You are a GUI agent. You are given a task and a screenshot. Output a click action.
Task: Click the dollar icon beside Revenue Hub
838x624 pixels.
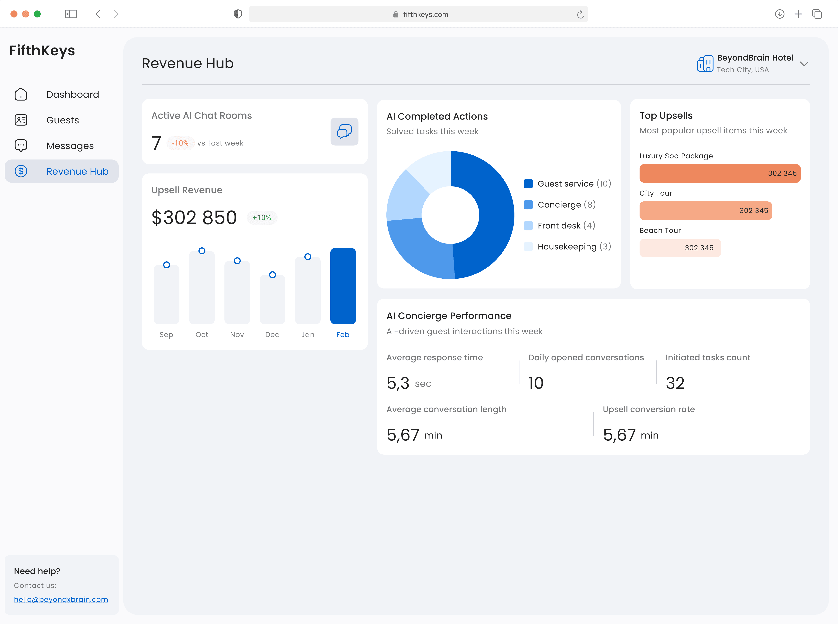21,172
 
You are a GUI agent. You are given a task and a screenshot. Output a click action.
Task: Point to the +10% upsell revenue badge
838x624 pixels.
262,218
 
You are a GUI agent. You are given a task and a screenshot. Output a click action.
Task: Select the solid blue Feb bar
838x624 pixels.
343,286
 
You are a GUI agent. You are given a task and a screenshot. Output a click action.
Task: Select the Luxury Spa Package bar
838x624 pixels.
720,173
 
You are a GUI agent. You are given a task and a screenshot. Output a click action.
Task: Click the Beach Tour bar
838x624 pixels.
680,248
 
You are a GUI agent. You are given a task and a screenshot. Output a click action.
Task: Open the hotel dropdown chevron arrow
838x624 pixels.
804,63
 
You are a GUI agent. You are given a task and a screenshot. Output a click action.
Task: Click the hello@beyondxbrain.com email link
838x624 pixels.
61,599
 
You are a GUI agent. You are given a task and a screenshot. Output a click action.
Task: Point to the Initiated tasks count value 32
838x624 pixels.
675,383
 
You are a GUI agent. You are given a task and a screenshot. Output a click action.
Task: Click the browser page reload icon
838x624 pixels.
580,14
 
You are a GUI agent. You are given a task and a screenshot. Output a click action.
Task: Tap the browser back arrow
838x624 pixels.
98,14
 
